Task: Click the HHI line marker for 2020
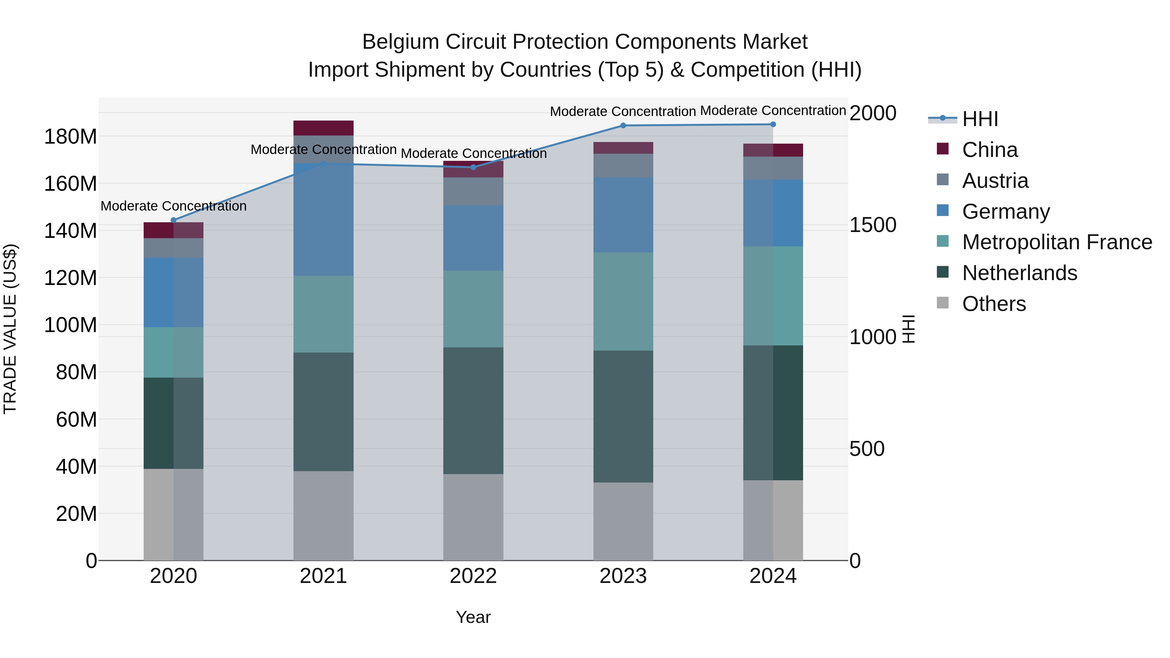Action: pyautogui.click(x=174, y=220)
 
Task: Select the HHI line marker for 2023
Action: pyautogui.click(x=623, y=125)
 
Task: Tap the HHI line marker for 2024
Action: pyautogui.click(x=773, y=124)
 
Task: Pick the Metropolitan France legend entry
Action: pyautogui.click(x=1057, y=242)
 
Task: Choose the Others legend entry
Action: pyautogui.click(x=994, y=304)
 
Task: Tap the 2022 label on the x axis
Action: pyautogui.click(x=473, y=576)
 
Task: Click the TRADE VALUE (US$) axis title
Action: pyautogui.click(x=10, y=329)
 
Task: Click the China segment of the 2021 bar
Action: pyautogui.click(x=323, y=128)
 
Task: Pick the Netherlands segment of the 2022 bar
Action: pyautogui.click(x=473, y=411)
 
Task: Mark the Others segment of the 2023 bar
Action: pyautogui.click(x=623, y=521)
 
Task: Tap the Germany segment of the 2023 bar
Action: pyautogui.click(x=623, y=215)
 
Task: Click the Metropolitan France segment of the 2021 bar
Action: pyautogui.click(x=323, y=314)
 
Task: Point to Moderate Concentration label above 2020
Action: pyautogui.click(x=174, y=206)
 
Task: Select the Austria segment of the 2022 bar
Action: pyautogui.click(x=473, y=191)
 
